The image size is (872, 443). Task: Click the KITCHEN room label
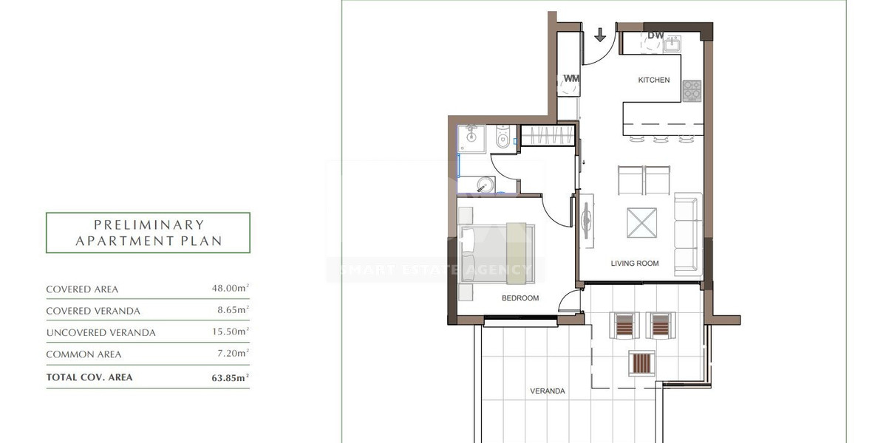(654, 80)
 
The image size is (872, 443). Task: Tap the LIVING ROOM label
(634, 264)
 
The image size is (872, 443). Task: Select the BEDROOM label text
(520, 298)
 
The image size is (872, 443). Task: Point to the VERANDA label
(548, 391)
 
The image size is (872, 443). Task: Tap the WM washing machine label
(570, 78)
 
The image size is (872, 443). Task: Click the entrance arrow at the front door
(599, 35)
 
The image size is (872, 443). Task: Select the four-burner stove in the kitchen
(691, 91)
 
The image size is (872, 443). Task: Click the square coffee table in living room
(641, 222)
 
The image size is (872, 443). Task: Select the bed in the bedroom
(491, 251)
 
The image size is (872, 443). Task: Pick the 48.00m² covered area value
(230, 289)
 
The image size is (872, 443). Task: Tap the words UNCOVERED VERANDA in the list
(101, 333)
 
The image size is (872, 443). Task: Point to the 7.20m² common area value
(232, 354)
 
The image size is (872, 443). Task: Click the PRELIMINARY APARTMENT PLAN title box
(148, 233)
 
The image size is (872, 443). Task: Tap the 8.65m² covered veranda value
(232, 311)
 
